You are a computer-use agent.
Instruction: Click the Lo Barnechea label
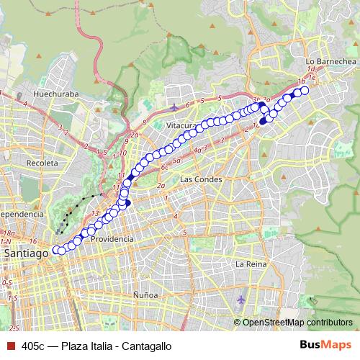330,62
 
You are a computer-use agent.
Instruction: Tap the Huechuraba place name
56,94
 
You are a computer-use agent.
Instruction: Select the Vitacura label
181,125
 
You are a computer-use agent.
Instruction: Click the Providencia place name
113,239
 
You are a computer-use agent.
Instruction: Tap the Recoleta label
42,163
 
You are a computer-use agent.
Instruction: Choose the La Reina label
251,264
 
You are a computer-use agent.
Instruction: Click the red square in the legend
9,346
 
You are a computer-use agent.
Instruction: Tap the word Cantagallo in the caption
148,346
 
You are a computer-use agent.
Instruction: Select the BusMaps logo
322,346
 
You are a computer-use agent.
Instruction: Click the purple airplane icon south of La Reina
241,298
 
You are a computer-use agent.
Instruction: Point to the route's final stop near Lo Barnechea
304,91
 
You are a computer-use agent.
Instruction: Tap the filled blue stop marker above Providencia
127,203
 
